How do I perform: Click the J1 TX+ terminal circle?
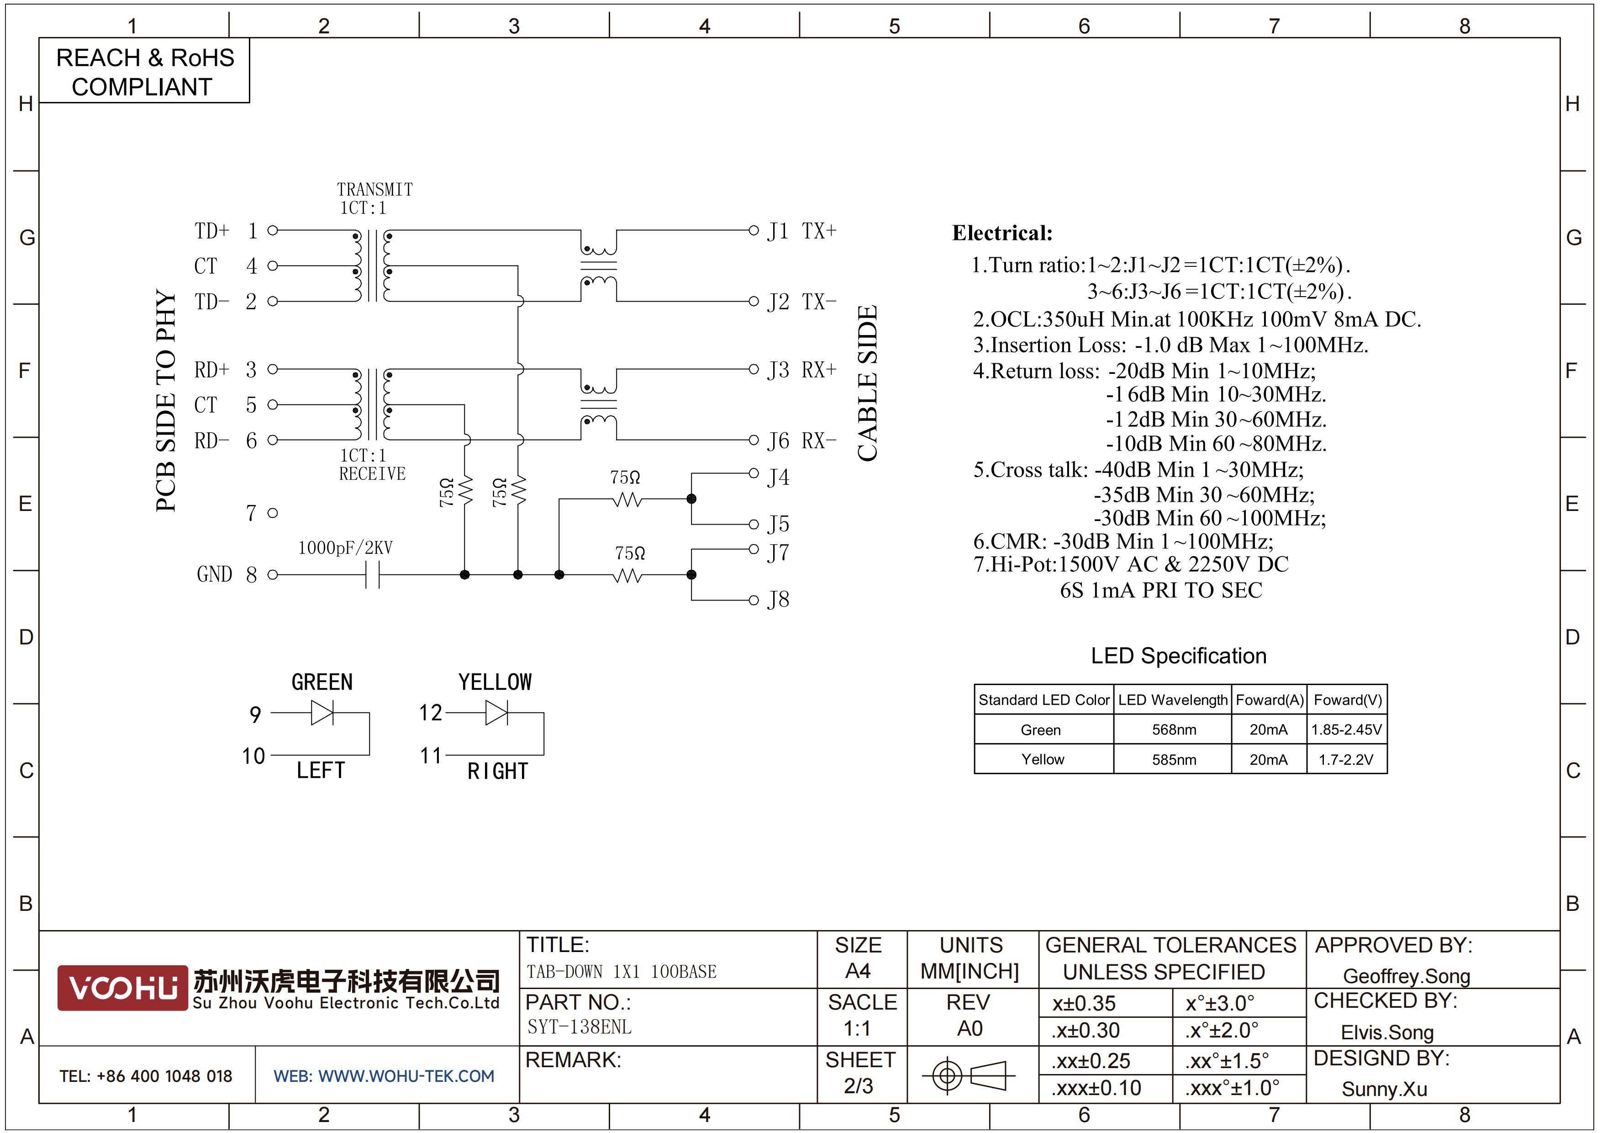(x=754, y=230)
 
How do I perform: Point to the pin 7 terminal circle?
(x=273, y=513)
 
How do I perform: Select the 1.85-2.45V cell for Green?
(x=1347, y=729)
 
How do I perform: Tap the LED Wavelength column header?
(x=1173, y=699)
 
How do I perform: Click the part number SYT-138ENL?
(x=579, y=1027)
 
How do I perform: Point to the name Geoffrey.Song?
(x=1407, y=976)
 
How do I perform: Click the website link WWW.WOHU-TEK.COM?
(x=406, y=1076)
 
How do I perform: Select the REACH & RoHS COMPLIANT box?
(x=144, y=71)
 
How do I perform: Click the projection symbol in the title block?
(x=969, y=1075)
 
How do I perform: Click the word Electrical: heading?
(x=1002, y=233)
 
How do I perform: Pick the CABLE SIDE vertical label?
(x=867, y=383)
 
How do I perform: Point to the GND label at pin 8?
(x=214, y=574)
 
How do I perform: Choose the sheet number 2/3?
(x=858, y=1086)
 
